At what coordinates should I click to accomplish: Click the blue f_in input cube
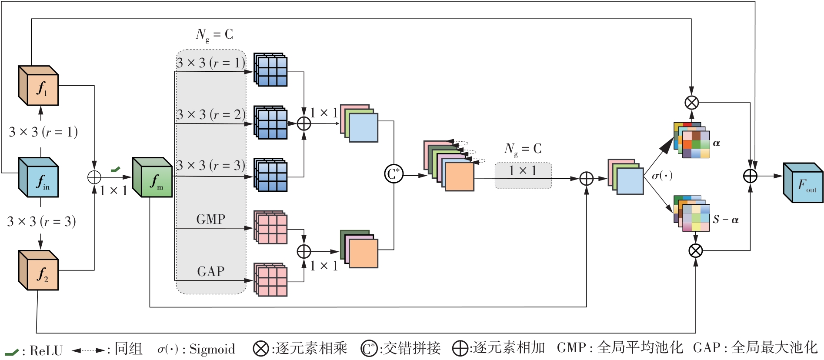[x=39, y=177]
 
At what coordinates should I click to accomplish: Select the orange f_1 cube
[x=39, y=86]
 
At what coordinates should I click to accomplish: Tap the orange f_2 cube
[x=39, y=271]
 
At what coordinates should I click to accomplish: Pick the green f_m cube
[x=152, y=177]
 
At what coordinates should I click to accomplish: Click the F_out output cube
[x=803, y=183]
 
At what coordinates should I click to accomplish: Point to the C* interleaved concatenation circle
[x=394, y=174]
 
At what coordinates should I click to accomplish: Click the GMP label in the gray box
[x=211, y=219]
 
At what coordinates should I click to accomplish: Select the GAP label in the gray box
[x=211, y=271]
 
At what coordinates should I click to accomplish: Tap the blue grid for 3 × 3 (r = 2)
[x=270, y=123]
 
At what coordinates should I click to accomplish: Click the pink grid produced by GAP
[x=270, y=280]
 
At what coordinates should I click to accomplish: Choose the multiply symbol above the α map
[x=691, y=103]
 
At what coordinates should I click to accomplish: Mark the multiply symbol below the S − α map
[x=696, y=250]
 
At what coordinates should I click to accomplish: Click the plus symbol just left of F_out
[x=751, y=176]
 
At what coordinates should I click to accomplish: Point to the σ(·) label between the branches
[x=662, y=176]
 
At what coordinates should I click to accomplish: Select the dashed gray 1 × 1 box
[x=523, y=176]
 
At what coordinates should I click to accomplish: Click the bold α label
[x=717, y=143]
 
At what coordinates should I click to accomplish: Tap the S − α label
[x=725, y=220]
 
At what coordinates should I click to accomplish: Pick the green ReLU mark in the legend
[x=11, y=352]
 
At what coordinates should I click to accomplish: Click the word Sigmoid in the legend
[x=212, y=349]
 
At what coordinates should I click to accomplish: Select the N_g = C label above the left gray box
[x=214, y=35]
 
